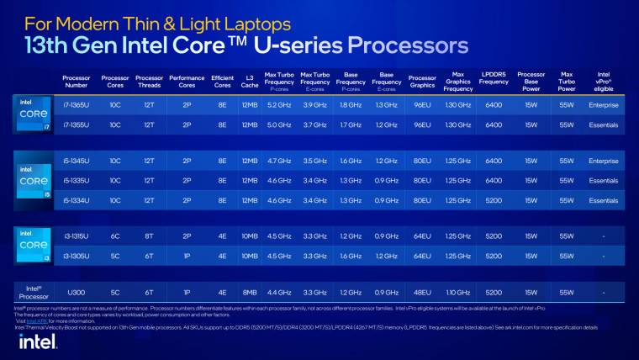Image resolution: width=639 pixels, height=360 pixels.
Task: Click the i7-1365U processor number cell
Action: (76, 105)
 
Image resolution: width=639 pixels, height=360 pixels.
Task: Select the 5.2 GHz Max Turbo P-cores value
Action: (279, 105)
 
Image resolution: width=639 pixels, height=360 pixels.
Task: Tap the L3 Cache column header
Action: (250, 82)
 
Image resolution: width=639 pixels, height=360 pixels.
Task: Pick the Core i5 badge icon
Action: (29, 180)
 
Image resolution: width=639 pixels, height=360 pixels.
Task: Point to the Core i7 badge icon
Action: (29, 114)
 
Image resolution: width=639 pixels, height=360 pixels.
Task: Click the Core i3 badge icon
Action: (29, 246)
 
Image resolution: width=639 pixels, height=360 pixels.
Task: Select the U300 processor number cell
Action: (76, 292)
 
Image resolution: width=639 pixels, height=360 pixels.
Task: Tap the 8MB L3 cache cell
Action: (250, 292)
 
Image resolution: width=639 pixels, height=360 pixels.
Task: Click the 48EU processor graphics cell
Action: (422, 292)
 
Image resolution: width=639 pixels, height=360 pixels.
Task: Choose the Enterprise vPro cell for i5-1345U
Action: (603, 161)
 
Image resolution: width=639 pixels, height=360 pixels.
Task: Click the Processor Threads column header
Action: (150, 82)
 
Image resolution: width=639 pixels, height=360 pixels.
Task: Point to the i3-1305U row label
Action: (76, 256)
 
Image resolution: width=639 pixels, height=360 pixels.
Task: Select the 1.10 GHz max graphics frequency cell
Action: (458, 292)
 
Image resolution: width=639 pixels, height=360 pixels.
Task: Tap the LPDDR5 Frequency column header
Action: (494, 82)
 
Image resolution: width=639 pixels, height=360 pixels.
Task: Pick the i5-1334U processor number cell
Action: (76, 200)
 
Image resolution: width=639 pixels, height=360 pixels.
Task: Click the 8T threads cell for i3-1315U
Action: (150, 236)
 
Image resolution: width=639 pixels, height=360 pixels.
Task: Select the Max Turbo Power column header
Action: (567, 82)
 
